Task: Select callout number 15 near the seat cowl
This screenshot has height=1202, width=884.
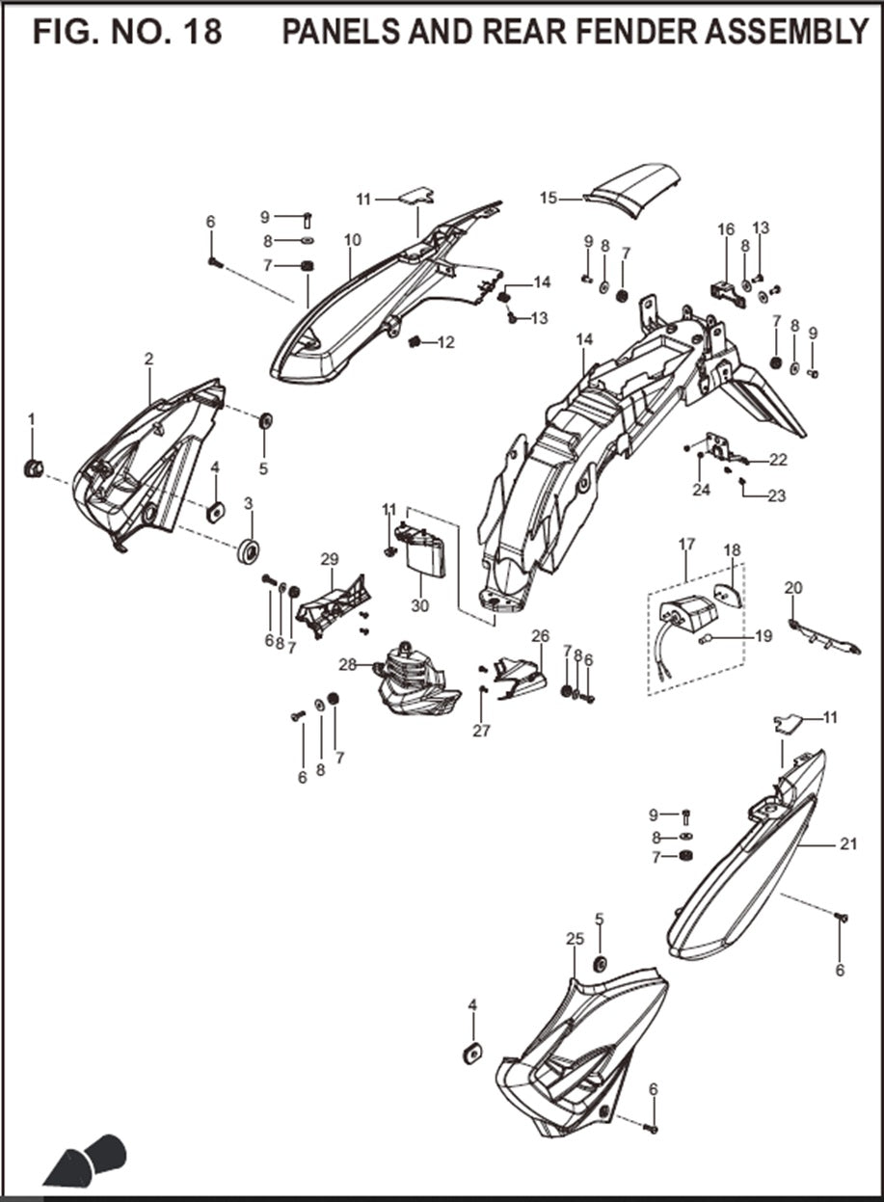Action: tap(548, 199)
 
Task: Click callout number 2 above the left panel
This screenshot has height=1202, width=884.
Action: tap(149, 360)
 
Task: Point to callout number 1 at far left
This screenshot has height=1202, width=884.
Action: tap(31, 419)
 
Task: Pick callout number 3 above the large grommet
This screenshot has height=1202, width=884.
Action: tap(248, 503)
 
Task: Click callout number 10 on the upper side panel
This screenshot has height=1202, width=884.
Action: tap(352, 239)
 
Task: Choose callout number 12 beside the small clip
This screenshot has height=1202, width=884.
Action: tap(445, 342)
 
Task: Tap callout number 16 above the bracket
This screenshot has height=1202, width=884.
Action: tap(726, 229)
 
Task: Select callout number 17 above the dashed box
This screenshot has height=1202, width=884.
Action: tap(686, 545)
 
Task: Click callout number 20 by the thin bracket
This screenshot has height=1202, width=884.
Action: tap(792, 587)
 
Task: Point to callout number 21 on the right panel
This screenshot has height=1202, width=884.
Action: tap(847, 844)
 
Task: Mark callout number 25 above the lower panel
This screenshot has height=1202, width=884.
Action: tap(575, 939)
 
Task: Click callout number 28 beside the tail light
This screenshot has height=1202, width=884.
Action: tap(348, 664)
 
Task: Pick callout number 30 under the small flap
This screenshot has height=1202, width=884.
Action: tap(419, 605)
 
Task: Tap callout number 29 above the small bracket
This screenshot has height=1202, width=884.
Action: tap(330, 559)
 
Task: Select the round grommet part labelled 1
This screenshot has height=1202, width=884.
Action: tap(33, 468)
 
